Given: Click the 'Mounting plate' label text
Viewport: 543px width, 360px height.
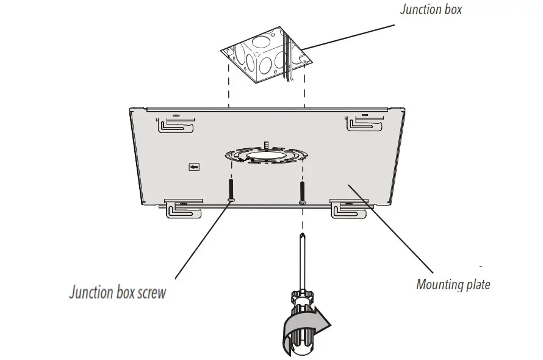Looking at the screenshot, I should pos(453,284).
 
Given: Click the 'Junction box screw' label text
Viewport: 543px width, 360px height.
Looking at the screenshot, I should pos(117,292).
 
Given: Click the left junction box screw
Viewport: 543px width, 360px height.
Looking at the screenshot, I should pos(231,190).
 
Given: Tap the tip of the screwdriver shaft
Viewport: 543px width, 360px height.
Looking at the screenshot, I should pos(302,235).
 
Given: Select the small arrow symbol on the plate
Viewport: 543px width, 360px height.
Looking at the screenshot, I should pos(194,166).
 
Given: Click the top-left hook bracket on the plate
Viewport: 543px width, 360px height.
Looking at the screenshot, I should pos(176,126).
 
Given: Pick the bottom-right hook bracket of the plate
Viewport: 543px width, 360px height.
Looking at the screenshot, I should pos(350,208).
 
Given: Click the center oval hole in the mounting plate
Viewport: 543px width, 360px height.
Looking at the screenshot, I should pos(266,156).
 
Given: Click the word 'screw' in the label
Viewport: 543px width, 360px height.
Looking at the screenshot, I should pos(151,292).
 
